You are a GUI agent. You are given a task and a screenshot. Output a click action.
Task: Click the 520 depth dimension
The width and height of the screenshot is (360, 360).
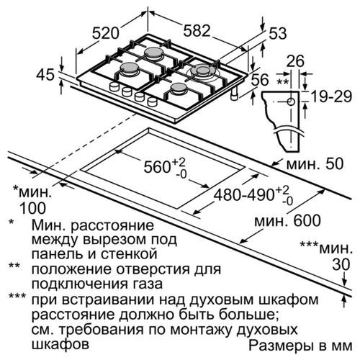tap(106, 33)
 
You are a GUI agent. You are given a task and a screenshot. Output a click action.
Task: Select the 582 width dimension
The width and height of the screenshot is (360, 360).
tap(197, 31)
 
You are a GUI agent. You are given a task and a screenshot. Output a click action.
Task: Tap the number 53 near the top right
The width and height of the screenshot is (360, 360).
tap(278, 33)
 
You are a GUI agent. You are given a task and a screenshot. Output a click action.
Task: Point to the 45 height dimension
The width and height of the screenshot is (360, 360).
tap(45, 75)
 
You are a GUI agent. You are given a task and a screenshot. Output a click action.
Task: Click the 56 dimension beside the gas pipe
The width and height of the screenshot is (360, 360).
tap(260, 80)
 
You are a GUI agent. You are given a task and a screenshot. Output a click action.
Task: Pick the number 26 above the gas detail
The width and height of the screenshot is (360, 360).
tap(295, 61)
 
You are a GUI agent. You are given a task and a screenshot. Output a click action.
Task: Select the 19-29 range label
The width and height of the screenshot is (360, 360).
tap(331, 97)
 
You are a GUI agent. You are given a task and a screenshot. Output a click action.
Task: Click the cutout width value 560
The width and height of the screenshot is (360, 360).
tap(157, 166)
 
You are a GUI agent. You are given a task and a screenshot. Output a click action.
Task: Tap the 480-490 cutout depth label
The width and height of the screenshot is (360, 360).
tap(244, 194)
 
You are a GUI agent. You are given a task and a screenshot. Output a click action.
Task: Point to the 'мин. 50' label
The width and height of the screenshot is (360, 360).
tap(315, 164)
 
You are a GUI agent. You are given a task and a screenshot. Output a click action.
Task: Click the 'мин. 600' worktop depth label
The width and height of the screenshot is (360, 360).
tap(287, 220)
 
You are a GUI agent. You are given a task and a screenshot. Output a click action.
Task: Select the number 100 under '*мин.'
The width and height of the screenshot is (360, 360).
tap(32, 208)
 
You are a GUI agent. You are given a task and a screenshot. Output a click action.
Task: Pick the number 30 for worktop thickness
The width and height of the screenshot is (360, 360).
tap(341, 265)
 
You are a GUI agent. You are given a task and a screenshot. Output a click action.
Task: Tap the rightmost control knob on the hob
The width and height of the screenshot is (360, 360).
tap(152, 102)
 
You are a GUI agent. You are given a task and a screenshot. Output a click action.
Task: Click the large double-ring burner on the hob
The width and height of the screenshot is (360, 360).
tap(203, 71)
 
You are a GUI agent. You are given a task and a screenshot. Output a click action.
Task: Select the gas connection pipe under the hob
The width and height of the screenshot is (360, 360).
tap(234, 94)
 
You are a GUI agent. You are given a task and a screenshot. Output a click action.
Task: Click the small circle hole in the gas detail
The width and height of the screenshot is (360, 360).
tap(291, 102)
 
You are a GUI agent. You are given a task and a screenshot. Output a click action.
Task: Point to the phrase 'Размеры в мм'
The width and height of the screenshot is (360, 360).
tap(300, 346)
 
